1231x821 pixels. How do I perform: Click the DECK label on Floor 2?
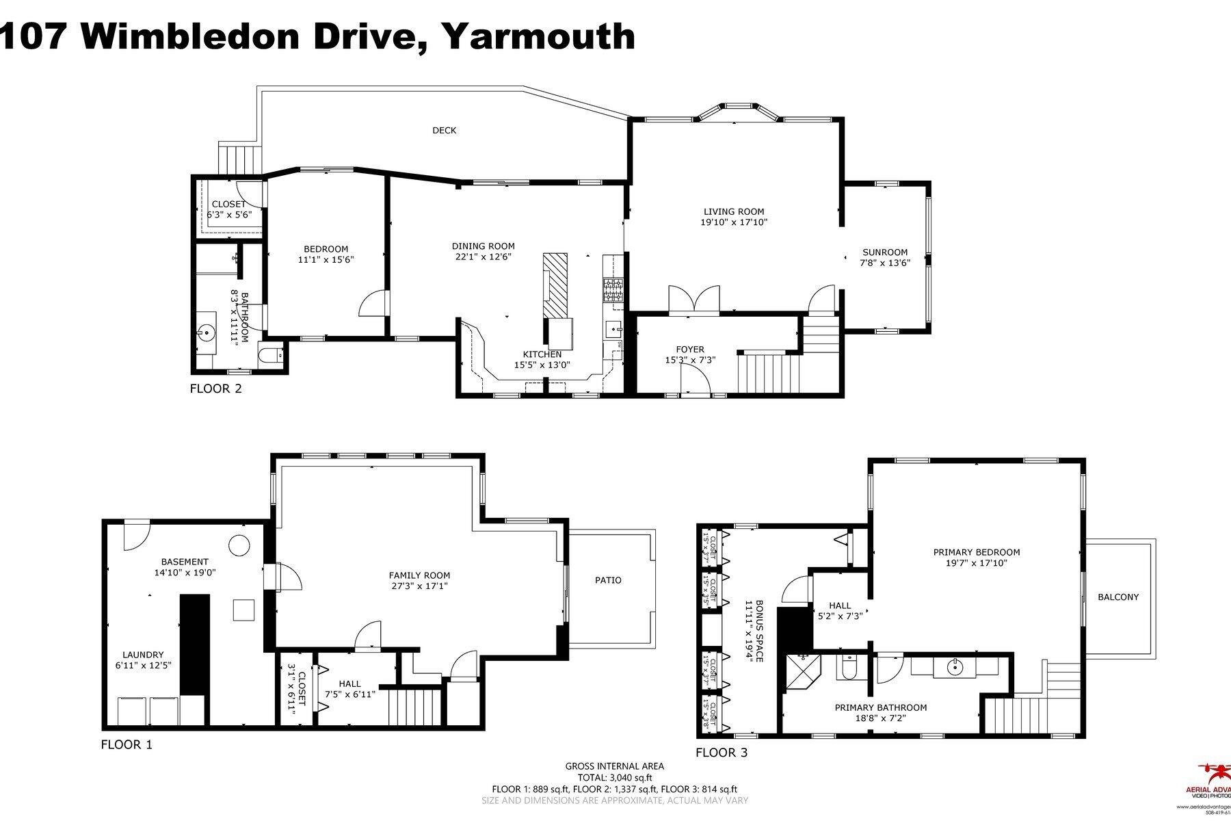point(445,131)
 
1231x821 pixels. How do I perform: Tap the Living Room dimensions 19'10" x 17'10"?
point(734,222)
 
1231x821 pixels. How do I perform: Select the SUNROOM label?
point(885,252)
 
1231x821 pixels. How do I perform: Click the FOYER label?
point(690,350)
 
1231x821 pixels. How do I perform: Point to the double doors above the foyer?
point(694,300)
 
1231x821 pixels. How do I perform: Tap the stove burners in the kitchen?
point(612,290)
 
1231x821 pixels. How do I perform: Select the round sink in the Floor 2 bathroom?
point(206,333)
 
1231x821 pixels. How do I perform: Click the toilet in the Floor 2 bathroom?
point(270,355)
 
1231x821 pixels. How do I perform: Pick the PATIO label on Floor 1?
point(608,580)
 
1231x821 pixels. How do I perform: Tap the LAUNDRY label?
point(143,655)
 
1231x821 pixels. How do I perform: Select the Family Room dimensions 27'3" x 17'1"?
point(419,586)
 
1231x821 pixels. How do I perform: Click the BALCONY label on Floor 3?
point(1118,597)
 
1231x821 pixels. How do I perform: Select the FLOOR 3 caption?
point(722,753)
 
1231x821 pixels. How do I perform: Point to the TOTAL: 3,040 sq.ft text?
point(613,777)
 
